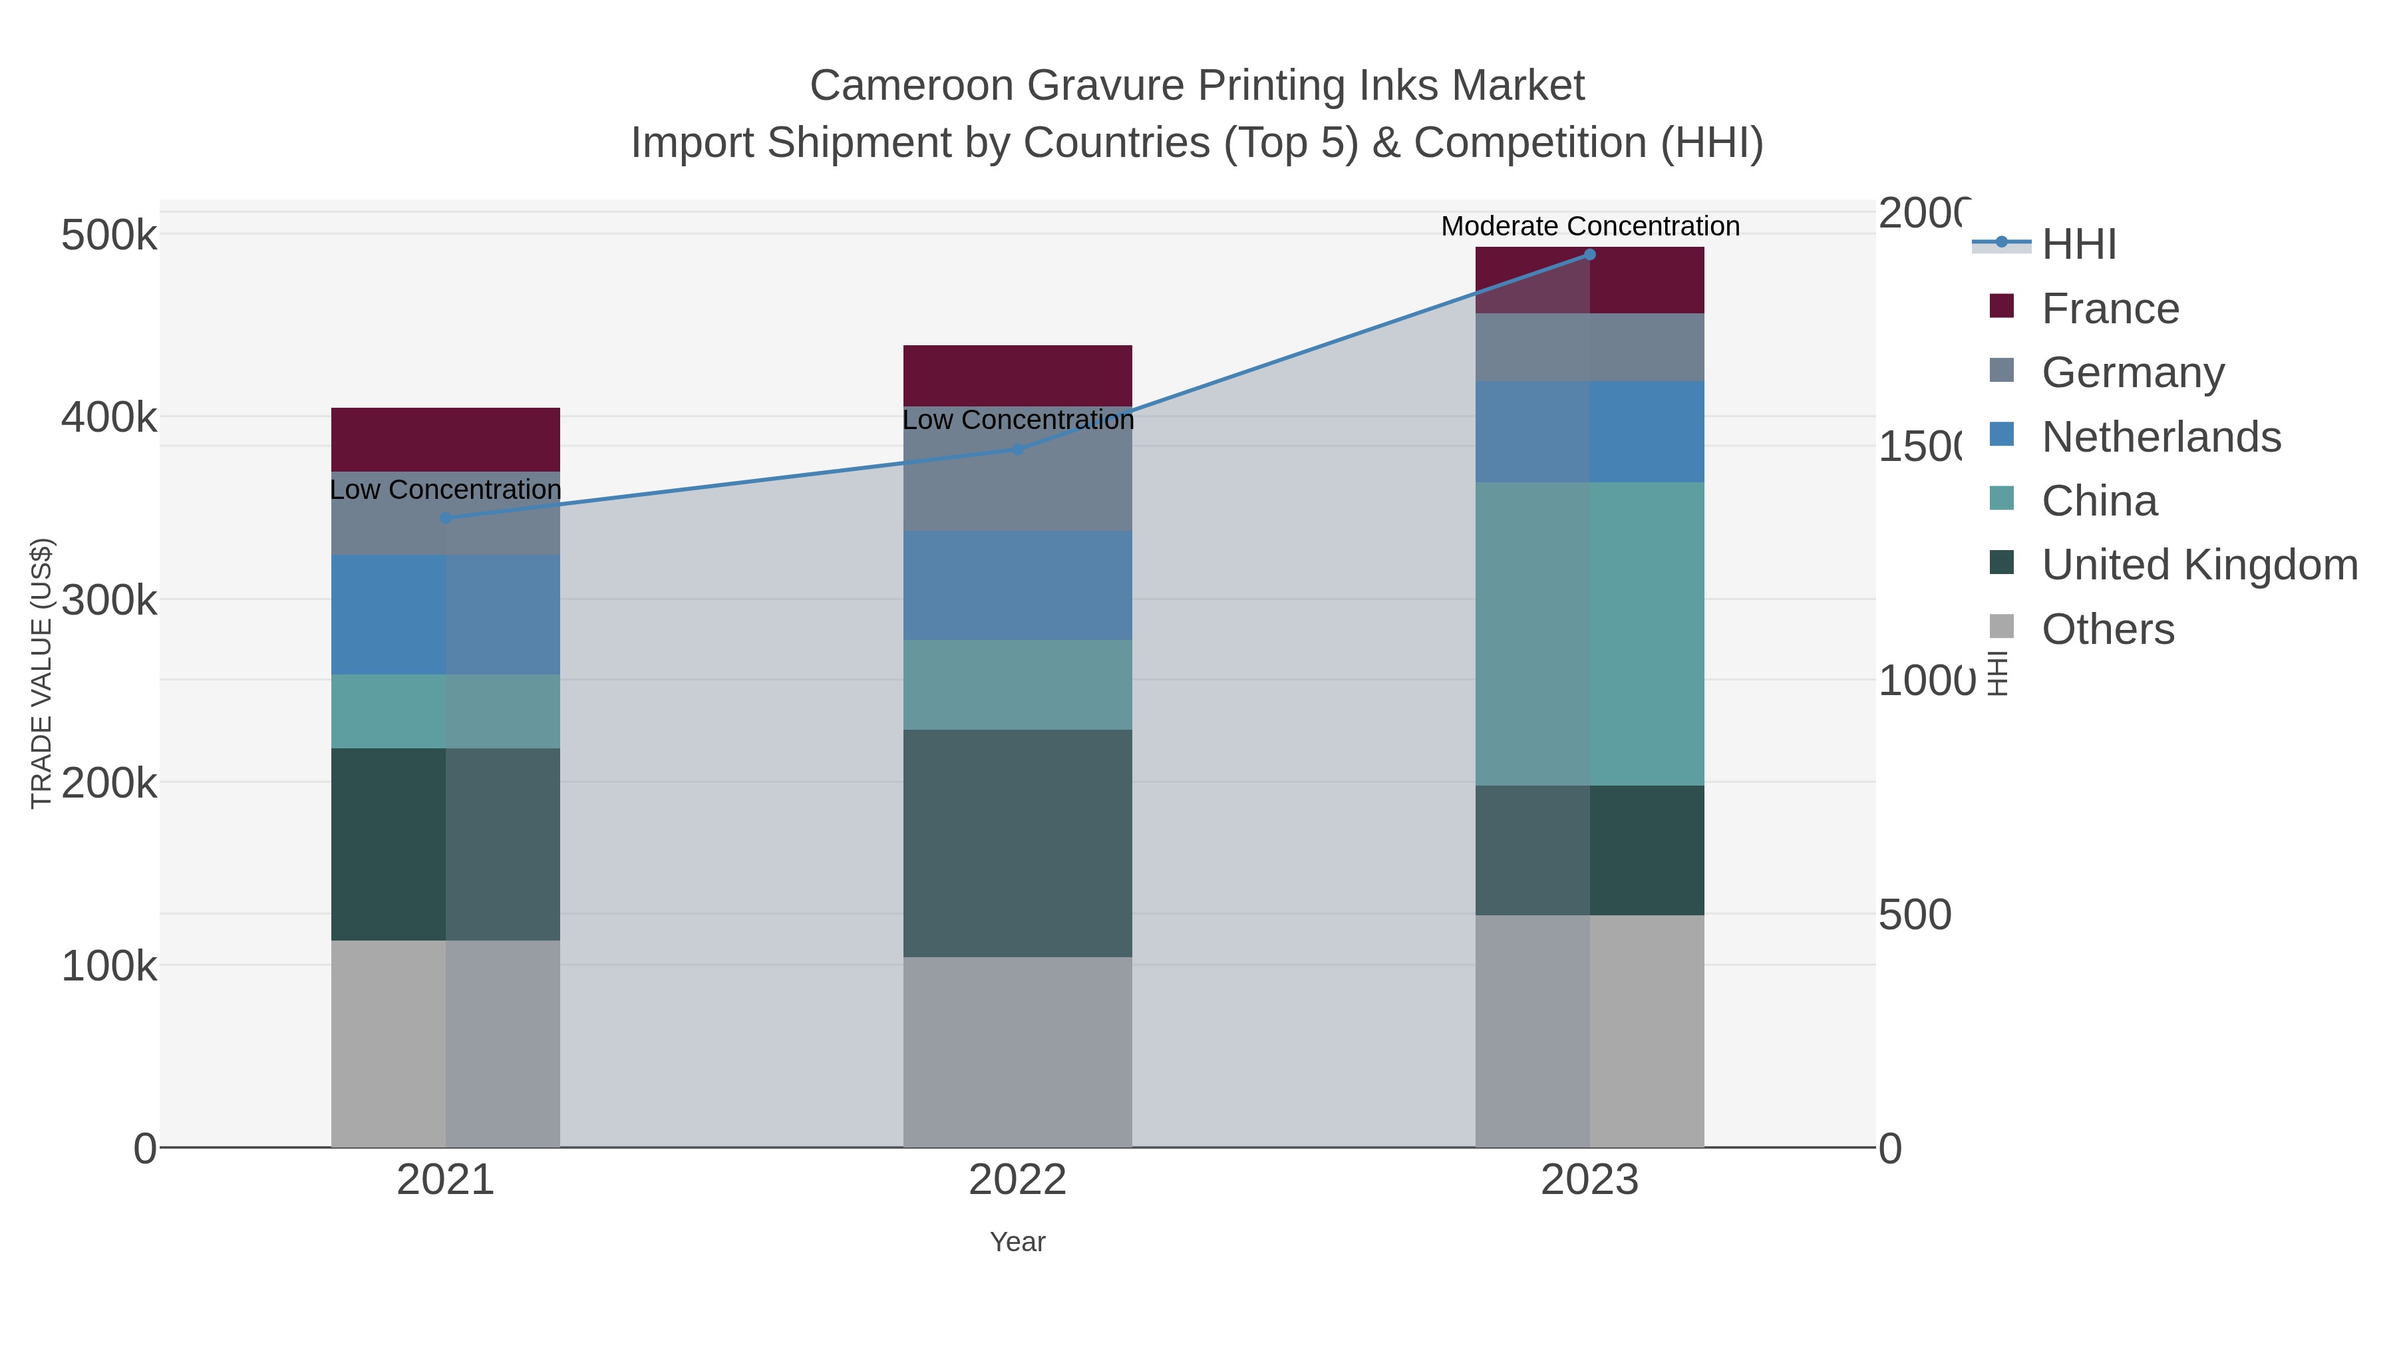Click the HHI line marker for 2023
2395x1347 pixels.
coord(1589,255)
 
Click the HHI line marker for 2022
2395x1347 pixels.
coord(1017,449)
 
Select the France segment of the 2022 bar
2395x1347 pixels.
coord(1017,376)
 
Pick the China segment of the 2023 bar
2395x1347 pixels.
coord(1589,633)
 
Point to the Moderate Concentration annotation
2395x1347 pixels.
coord(1589,226)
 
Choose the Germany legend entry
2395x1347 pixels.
coord(2133,372)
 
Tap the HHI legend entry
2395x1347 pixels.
coord(2079,245)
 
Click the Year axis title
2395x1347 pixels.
coord(1017,1242)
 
